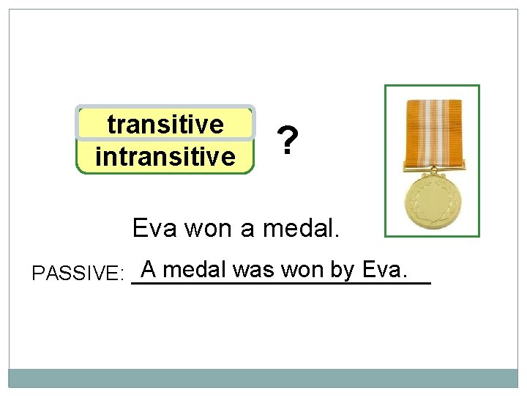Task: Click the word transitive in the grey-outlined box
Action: (165, 125)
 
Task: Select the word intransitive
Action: (165, 156)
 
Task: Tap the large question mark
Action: (288, 141)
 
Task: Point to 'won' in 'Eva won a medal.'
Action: (209, 229)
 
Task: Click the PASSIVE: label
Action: (78, 274)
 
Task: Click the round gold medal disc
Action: (432, 202)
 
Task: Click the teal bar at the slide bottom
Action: (263, 378)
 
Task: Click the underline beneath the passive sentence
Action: (281, 282)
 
